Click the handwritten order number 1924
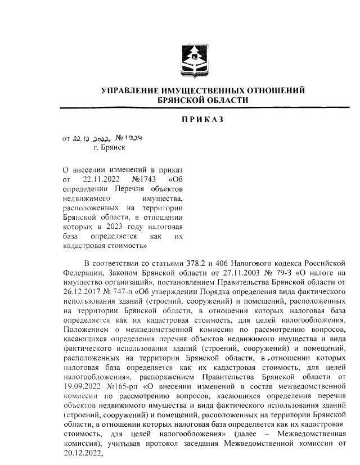pyautogui.click(x=130, y=137)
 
